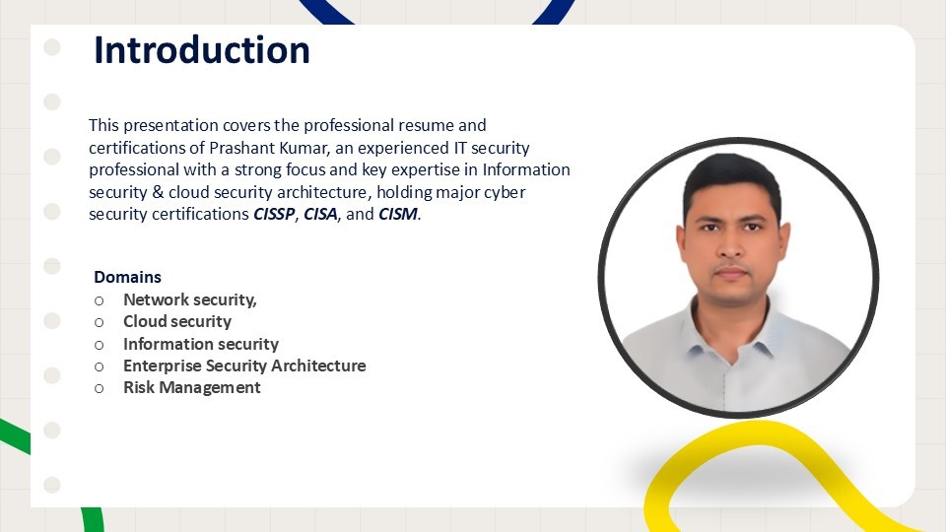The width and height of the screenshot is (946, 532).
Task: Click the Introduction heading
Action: pos(201,50)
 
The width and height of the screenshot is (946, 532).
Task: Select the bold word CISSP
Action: pos(274,214)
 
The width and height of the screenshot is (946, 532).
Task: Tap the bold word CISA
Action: pos(320,214)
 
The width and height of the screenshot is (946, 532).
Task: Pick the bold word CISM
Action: pos(397,214)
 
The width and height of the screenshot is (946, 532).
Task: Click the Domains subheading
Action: pos(127,277)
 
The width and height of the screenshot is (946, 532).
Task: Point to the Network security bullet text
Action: pos(190,299)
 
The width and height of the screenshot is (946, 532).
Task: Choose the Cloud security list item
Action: pos(177,321)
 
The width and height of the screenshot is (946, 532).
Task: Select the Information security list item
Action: pos(201,344)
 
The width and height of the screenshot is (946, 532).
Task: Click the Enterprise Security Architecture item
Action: pos(244,366)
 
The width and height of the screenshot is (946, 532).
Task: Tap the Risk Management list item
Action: pos(192,388)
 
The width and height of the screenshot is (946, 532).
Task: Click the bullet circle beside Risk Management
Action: pos(99,388)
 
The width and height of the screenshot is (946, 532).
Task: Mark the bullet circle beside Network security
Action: pos(99,300)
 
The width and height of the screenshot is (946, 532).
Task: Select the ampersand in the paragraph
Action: pos(158,192)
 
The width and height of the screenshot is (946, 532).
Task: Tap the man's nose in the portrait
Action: pos(730,244)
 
